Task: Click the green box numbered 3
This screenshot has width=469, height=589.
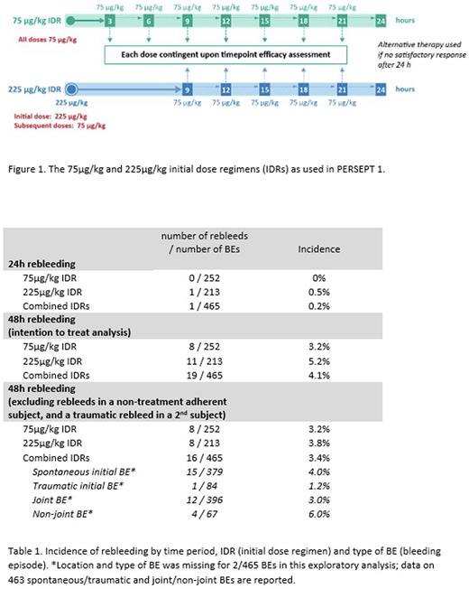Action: [109, 19]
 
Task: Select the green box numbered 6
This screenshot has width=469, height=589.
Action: [148, 19]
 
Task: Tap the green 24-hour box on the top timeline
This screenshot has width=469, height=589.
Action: [381, 19]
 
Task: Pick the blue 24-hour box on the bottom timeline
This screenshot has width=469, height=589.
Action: [381, 89]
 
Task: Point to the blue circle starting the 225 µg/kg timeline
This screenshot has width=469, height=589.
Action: [71, 89]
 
